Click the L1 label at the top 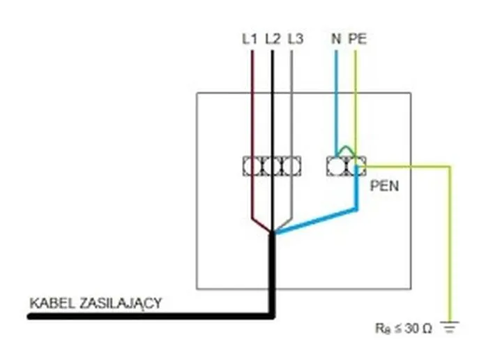coord(250,40)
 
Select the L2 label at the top coord(273,40)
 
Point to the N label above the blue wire coord(336,40)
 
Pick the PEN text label coord(384,187)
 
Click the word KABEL coord(48,303)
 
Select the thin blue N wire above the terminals coord(336,105)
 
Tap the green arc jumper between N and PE coord(344,149)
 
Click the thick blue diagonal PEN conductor coord(314,220)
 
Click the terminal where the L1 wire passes coord(251,166)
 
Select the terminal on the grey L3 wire coord(292,166)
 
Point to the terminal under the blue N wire coord(335,166)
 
